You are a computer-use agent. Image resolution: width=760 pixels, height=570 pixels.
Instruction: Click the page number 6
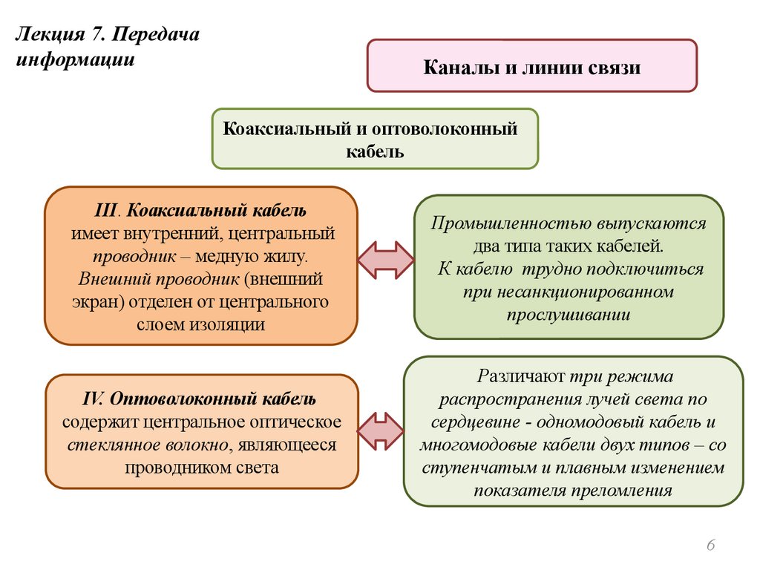tap(711, 546)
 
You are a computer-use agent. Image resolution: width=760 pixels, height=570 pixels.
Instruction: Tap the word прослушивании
tap(569, 315)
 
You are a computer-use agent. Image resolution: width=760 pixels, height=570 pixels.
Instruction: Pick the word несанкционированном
tap(569, 292)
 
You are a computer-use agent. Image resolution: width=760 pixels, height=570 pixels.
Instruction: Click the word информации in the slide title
tap(75, 60)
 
